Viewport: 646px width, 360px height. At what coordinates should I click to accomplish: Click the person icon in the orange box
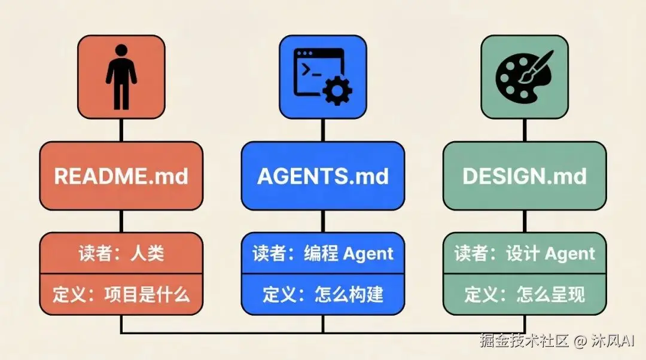click(x=121, y=76)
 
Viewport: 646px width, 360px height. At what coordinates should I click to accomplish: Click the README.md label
click(x=121, y=176)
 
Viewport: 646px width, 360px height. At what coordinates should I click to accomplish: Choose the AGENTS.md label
click(x=323, y=176)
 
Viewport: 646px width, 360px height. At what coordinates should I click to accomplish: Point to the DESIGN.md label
click(x=525, y=176)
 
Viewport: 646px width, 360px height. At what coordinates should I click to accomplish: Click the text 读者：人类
click(x=121, y=254)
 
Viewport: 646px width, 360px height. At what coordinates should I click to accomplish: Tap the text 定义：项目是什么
click(x=121, y=294)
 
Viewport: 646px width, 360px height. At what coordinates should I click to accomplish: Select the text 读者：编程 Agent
click(x=323, y=254)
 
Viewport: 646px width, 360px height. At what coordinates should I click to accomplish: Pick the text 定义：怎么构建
click(x=323, y=294)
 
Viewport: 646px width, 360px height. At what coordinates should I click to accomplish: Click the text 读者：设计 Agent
click(x=525, y=254)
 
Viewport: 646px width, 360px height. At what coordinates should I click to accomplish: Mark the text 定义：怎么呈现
click(x=525, y=294)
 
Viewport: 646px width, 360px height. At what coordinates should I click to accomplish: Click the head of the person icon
click(x=121, y=50)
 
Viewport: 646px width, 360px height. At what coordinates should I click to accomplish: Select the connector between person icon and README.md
click(x=121, y=129)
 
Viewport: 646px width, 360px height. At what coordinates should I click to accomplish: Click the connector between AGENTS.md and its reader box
click(x=323, y=221)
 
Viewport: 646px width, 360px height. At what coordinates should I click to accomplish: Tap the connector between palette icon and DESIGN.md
click(x=525, y=129)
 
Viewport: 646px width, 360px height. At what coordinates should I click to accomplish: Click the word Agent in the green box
click(x=569, y=254)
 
